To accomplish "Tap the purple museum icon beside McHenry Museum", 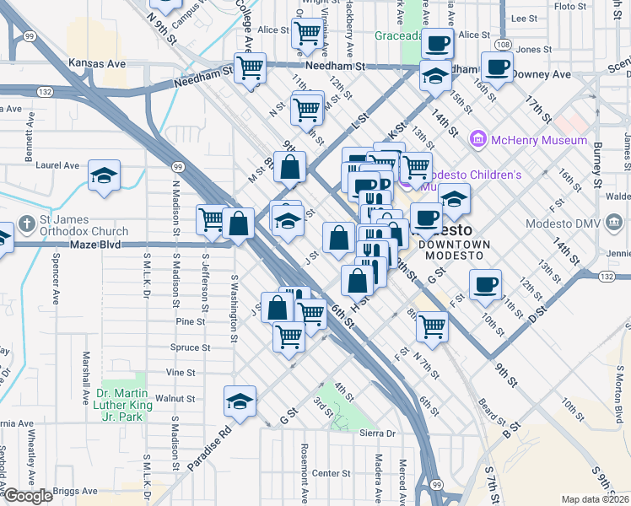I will [478, 138].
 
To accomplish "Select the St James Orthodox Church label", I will [84, 225].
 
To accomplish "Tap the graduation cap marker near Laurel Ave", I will [105, 175].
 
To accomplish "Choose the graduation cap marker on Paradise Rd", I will [240, 401].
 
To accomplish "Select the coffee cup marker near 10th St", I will [485, 284].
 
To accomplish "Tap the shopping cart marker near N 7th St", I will [432, 326].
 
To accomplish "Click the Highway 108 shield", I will [504, 44].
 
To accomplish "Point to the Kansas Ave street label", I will [97, 63].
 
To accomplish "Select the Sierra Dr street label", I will [377, 433].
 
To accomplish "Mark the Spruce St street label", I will [190, 347].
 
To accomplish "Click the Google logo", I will [29, 496].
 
